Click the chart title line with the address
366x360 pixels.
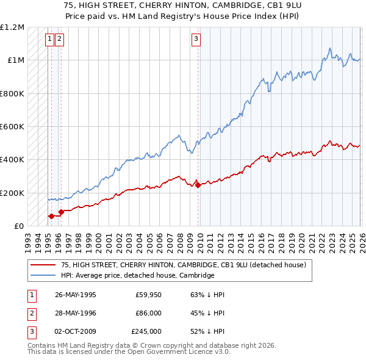point(183,5)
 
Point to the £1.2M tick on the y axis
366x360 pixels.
point(12,27)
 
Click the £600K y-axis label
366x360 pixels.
point(12,127)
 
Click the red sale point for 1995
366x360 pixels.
point(51,216)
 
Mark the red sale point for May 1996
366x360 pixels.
point(61,212)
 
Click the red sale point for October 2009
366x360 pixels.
point(198,185)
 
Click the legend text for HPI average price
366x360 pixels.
point(137,275)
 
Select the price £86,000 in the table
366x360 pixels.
point(148,313)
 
